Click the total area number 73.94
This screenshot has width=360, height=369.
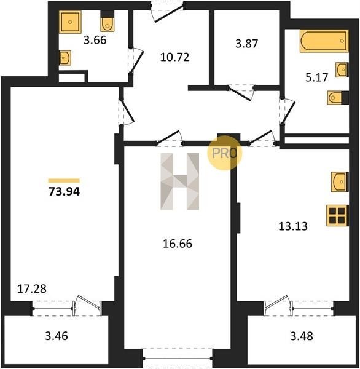click(x=64, y=191)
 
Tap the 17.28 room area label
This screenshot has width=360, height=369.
click(x=32, y=289)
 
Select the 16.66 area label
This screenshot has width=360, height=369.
click(x=178, y=244)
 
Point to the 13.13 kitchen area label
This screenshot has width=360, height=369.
click(x=293, y=226)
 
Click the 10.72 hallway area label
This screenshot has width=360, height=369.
click(x=174, y=57)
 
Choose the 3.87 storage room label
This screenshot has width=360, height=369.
click(x=247, y=44)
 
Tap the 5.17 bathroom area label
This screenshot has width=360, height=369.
click(x=317, y=77)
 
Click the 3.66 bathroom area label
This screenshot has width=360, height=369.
click(x=95, y=40)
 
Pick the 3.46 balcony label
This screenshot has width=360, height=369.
click(x=57, y=336)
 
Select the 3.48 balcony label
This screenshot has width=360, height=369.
click(x=302, y=336)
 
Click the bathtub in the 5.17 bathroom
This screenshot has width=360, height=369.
click(x=324, y=41)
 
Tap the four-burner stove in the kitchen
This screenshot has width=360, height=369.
click(x=337, y=216)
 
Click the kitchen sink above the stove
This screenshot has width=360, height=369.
click(x=340, y=181)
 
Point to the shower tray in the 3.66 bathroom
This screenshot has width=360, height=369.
click(x=70, y=22)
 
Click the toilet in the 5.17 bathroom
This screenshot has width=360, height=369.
click(x=338, y=98)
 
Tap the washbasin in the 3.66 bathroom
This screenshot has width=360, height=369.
click(x=65, y=57)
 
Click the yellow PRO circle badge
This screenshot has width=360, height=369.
click(x=225, y=153)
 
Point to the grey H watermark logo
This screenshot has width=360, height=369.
click(x=179, y=181)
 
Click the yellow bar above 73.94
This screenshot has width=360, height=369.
click(x=64, y=181)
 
